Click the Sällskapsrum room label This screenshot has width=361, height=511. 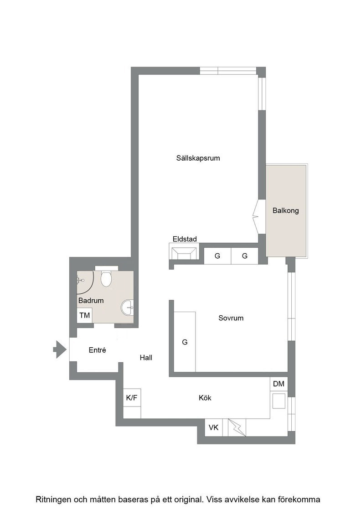tap(198, 158)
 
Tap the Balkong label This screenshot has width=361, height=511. tap(285, 210)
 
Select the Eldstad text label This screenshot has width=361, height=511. tap(185, 239)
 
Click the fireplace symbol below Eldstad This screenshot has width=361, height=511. tap(184, 253)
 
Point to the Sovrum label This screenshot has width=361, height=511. tap(231, 318)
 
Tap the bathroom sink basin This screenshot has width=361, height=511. tap(127, 308)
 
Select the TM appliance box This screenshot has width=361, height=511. tap(85, 315)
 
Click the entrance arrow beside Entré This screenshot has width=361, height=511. tap(60, 349)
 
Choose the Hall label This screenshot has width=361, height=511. tap(146, 358)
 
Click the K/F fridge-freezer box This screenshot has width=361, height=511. tap(132, 397)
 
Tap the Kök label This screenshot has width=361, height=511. tap(205, 397)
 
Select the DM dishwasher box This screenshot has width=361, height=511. tap(278, 384)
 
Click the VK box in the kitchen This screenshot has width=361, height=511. tap(213, 427)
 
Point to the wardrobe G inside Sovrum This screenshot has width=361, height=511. tap(185, 342)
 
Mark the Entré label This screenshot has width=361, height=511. tap(98, 350)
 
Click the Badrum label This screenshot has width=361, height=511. tap(91, 301)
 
